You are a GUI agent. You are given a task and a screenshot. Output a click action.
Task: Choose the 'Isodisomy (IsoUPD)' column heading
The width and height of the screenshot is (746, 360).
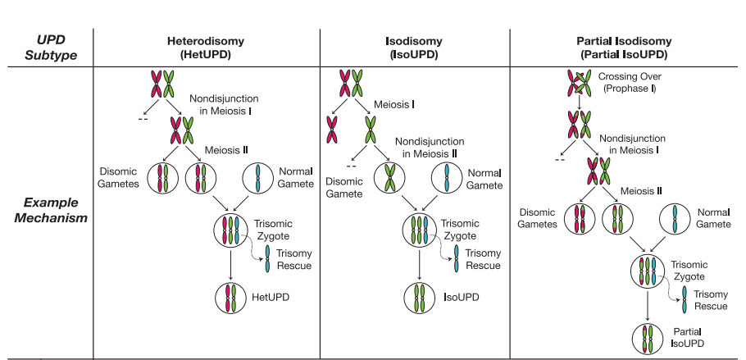pyautogui.click(x=415, y=47)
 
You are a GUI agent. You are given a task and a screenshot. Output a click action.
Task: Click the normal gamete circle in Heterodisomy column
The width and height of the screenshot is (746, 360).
pyautogui.click(x=259, y=180)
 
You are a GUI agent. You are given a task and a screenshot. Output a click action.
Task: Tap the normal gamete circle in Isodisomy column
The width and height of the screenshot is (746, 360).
pyautogui.click(x=448, y=180)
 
